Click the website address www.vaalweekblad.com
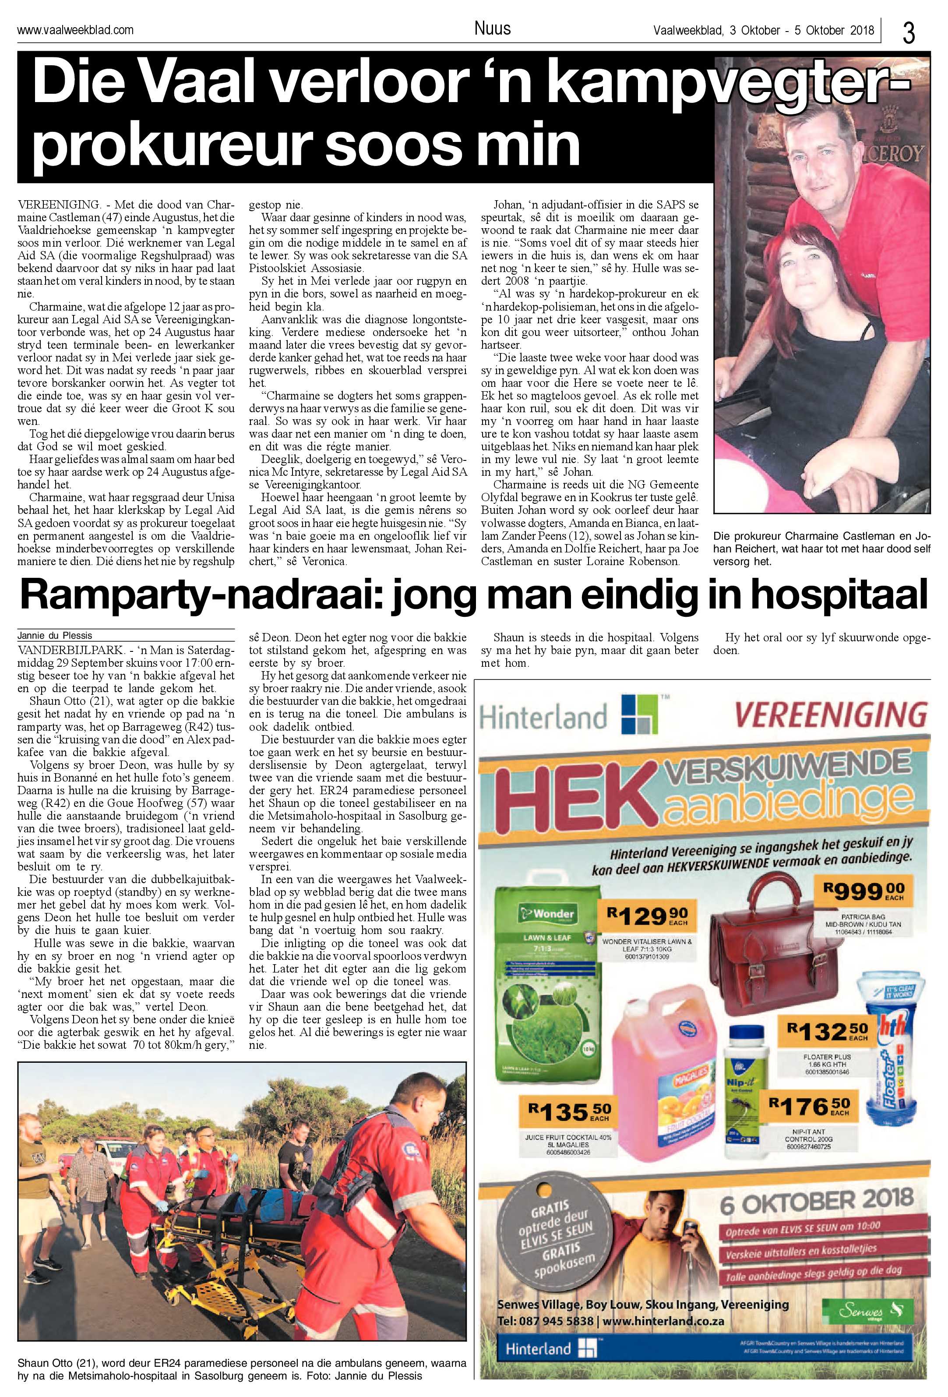pos(76,29)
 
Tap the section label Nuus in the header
pos(492,28)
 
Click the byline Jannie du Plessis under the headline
pos(55,635)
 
